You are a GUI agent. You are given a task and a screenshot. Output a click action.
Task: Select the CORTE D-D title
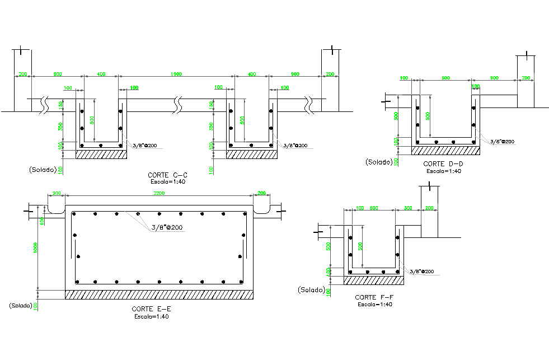pyautogui.click(x=442, y=164)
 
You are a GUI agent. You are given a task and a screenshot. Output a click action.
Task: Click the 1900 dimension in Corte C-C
pyautogui.click(x=176, y=74)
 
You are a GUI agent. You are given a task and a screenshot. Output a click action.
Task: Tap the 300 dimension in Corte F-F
pyautogui.click(x=408, y=208)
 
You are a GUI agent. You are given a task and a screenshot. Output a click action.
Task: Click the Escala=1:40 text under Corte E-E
pyautogui.click(x=151, y=317)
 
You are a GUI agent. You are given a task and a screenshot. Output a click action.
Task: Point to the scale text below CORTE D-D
pyautogui.click(x=443, y=171)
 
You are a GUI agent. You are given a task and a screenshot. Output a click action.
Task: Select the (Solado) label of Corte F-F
pyautogui.click(x=311, y=289)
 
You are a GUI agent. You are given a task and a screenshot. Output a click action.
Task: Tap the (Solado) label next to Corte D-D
pyautogui.click(x=379, y=162)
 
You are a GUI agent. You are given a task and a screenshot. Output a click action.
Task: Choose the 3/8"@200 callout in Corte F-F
pyautogui.click(x=421, y=272)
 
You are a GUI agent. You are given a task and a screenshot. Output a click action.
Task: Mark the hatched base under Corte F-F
pyautogui.click(x=374, y=280)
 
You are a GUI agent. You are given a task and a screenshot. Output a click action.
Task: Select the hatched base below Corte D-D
pyautogui.click(x=445, y=151)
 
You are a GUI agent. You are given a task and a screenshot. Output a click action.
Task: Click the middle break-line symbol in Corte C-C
pyautogui.click(x=178, y=103)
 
